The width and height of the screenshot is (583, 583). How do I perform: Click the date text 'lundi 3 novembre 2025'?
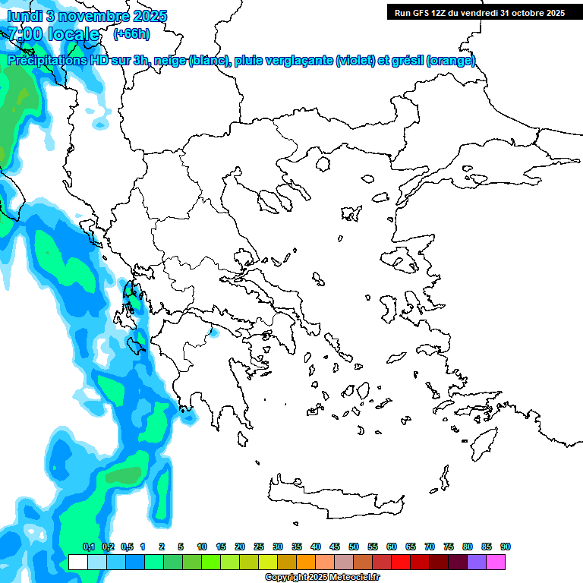87,16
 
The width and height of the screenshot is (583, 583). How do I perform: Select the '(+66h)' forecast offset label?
131,34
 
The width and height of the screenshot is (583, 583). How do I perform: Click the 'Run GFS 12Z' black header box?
478,12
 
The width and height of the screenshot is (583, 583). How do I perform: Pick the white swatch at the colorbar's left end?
77,563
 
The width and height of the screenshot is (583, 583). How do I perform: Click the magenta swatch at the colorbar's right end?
496,563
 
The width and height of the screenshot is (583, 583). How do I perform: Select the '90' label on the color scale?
506,547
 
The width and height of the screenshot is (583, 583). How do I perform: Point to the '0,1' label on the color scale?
88,547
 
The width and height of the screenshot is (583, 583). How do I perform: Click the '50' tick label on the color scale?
354,547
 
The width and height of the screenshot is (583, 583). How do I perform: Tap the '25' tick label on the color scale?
259,547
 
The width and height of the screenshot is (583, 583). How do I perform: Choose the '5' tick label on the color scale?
181,547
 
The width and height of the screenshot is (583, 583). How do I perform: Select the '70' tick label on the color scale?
430,547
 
